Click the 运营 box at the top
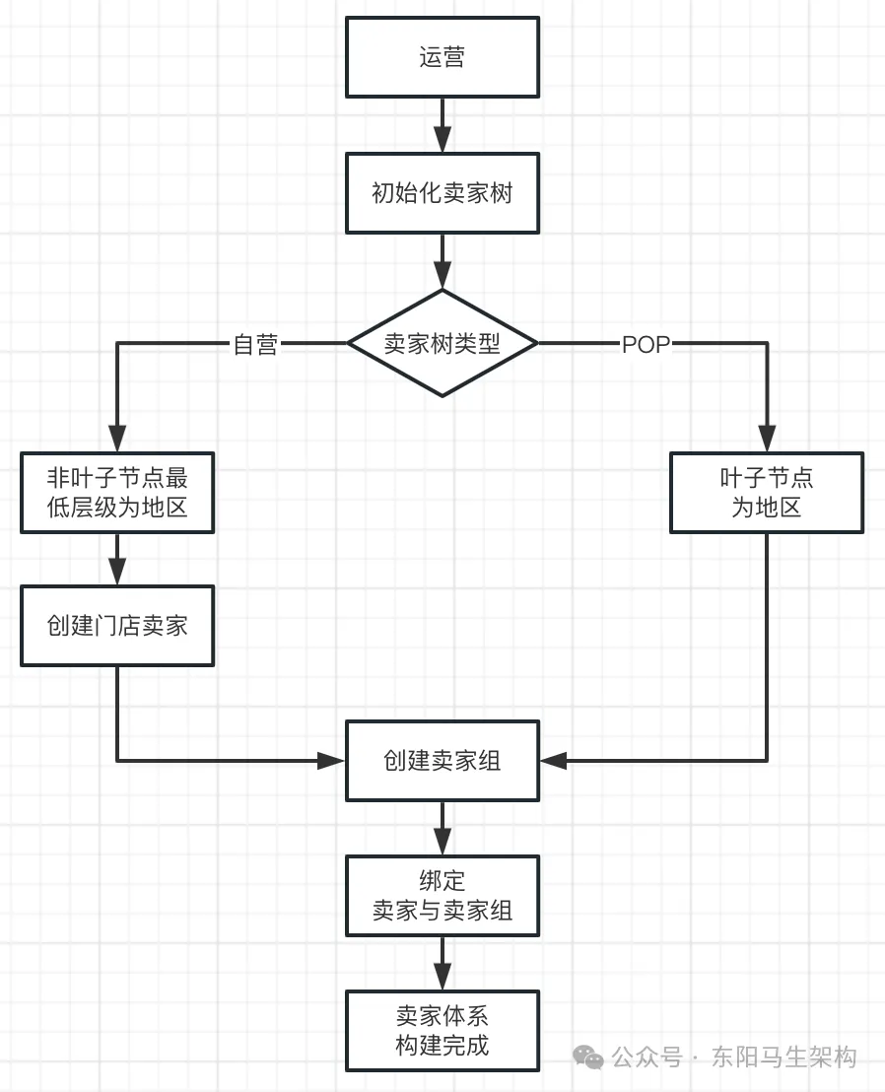[442, 57]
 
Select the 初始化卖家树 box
[442, 193]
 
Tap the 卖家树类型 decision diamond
[442, 343]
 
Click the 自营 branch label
[255, 344]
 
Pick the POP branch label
[646, 344]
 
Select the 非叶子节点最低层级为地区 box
[117, 493]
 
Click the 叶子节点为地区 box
[766, 493]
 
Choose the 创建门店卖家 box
[117, 626]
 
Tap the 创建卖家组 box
[442, 761]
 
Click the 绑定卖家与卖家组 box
[442, 895]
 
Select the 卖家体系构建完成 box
[442, 1030]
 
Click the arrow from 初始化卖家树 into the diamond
[442, 261]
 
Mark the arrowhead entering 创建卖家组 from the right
[553, 761]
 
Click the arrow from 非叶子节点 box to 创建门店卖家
[117, 560]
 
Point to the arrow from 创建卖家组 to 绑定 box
[442, 828]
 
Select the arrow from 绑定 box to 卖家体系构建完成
[442, 963]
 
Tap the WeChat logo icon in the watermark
[589, 1058]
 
